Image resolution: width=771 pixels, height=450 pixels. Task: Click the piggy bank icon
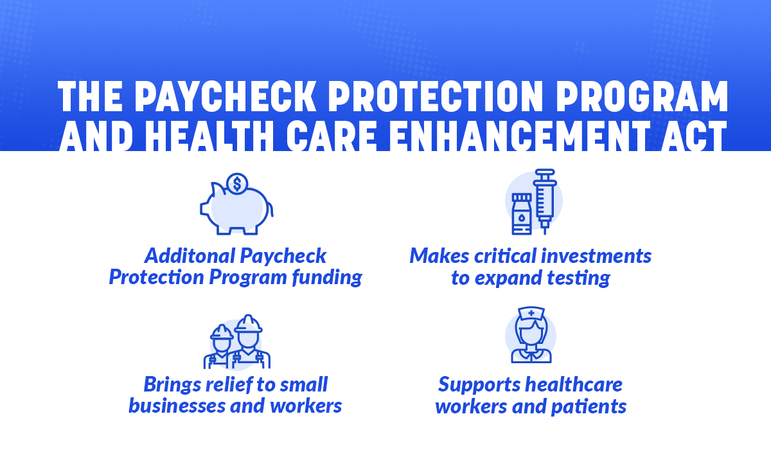[x=236, y=206]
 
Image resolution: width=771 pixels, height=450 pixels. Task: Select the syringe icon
[x=545, y=198]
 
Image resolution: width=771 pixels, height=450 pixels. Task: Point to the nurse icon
[x=531, y=336]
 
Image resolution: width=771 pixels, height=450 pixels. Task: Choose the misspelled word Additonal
[x=189, y=256]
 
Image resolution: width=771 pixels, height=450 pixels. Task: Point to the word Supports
[x=479, y=384]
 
